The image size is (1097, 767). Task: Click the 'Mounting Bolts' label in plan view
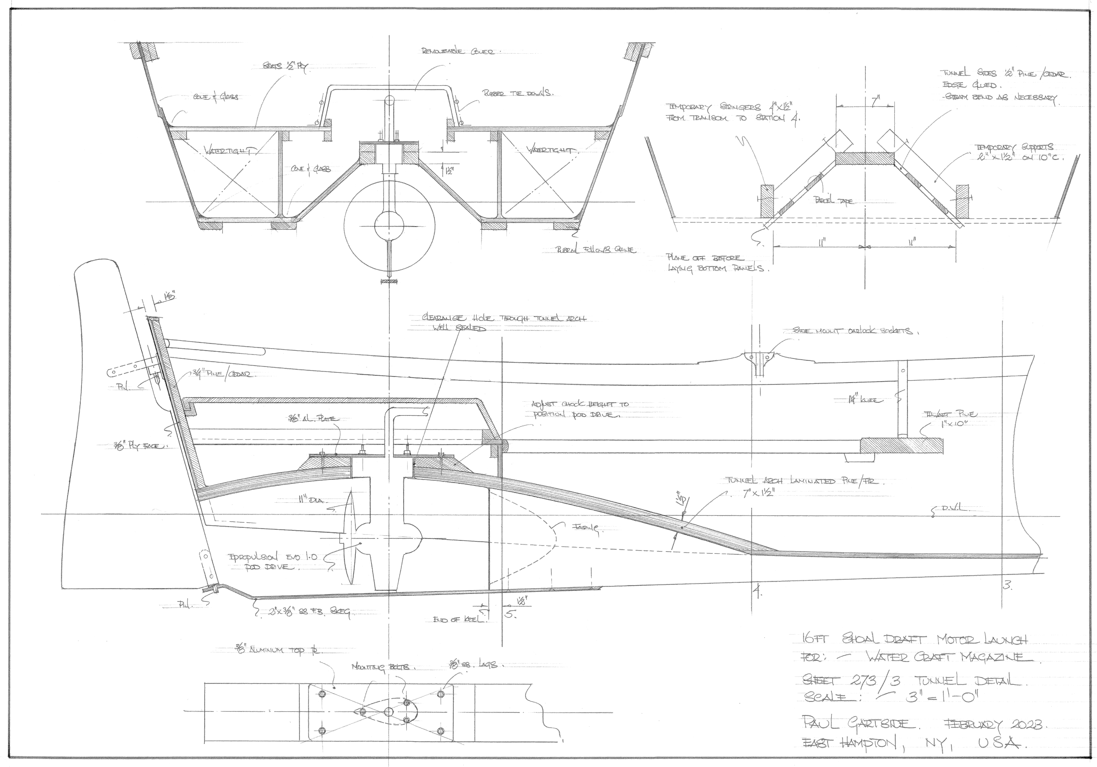click(x=384, y=667)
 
